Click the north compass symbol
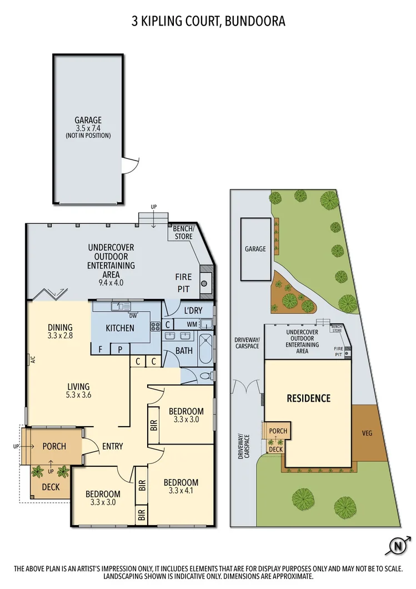click(x=398, y=546)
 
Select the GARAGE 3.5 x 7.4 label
click(x=88, y=127)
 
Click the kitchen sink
click(x=120, y=306)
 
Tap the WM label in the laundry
click(x=192, y=324)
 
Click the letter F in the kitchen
click(x=100, y=349)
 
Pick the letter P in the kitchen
click(x=120, y=349)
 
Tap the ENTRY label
click(x=113, y=446)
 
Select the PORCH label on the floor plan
click(x=54, y=446)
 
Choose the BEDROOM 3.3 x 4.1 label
click(x=181, y=486)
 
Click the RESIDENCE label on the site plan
click(x=308, y=398)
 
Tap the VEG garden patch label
click(x=366, y=433)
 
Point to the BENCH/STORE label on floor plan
click(x=183, y=233)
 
